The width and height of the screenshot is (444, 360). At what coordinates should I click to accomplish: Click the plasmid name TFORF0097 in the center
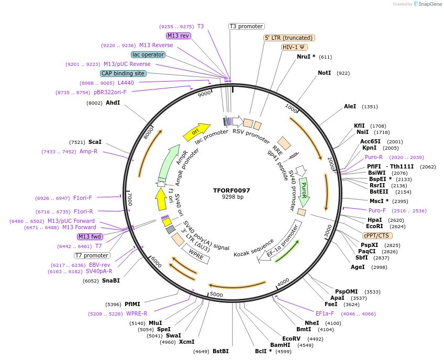click(x=232, y=190)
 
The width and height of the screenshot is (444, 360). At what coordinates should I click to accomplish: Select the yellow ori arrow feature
click(x=196, y=132)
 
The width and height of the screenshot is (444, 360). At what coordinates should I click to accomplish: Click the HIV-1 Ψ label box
click(x=295, y=47)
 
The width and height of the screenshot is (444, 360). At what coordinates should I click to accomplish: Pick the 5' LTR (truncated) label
click(x=288, y=38)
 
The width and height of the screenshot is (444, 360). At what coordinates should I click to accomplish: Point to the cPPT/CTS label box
click(x=376, y=235)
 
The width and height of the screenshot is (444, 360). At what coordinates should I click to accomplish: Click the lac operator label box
click(x=148, y=54)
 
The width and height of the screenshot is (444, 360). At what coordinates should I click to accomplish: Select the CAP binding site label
click(x=123, y=73)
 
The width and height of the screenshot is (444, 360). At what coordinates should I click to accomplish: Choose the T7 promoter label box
click(x=92, y=255)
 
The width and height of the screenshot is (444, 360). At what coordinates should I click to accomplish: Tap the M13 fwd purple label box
click(x=90, y=237)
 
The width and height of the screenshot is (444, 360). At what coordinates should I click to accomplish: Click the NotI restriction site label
click(x=325, y=73)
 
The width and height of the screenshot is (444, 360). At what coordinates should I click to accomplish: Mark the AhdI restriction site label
click(x=113, y=103)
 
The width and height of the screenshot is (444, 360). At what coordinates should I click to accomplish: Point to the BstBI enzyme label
click(x=220, y=351)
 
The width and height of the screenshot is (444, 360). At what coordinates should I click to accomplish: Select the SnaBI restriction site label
click(x=111, y=280)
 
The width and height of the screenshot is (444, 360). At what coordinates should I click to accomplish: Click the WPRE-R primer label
click(x=137, y=313)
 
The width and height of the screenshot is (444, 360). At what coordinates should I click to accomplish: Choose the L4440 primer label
click(x=126, y=83)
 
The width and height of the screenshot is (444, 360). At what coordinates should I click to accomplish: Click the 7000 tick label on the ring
click(x=129, y=199)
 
